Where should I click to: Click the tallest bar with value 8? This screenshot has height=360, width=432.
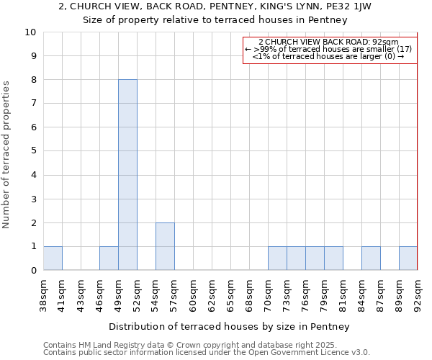pos(127,174)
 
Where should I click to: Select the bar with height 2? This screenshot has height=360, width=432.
pos(165,246)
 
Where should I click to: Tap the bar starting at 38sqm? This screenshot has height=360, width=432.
pos(53,258)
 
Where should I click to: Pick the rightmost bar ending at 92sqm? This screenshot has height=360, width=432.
pos(408,258)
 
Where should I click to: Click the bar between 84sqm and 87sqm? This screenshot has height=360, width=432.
pos(371,258)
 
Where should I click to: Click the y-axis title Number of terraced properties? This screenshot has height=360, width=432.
pos(7,155)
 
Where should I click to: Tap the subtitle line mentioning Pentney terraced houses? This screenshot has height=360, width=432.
pos(215,20)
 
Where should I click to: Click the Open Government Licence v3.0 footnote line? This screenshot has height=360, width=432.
pos(206,353)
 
